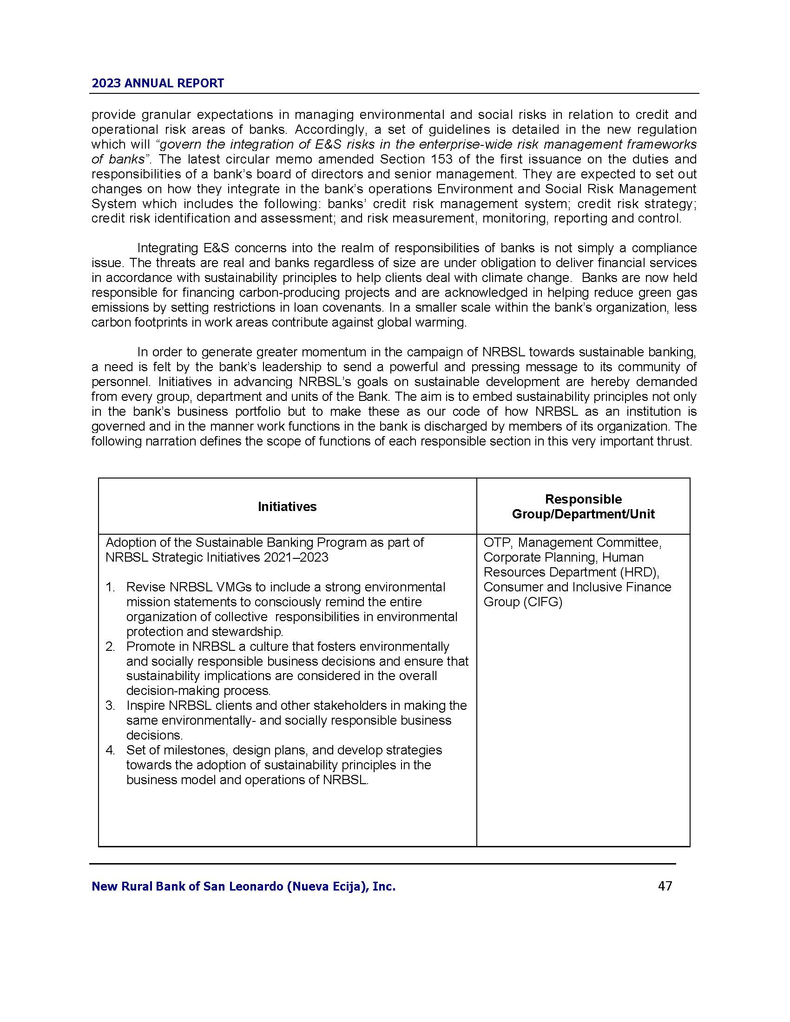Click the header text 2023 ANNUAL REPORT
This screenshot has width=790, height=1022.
tap(158, 83)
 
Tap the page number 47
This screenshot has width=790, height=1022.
tap(665, 886)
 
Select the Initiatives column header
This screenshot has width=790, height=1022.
tap(287, 506)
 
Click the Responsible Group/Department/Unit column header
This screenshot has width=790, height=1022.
tap(583, 506)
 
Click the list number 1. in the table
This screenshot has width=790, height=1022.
tap(111, 587)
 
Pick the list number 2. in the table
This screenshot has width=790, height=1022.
tap(111, 646)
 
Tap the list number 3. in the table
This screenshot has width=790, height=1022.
tap(111, 705)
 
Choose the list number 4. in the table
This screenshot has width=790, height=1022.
tap(111, 750)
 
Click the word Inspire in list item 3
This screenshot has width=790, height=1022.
tap(143, 705)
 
